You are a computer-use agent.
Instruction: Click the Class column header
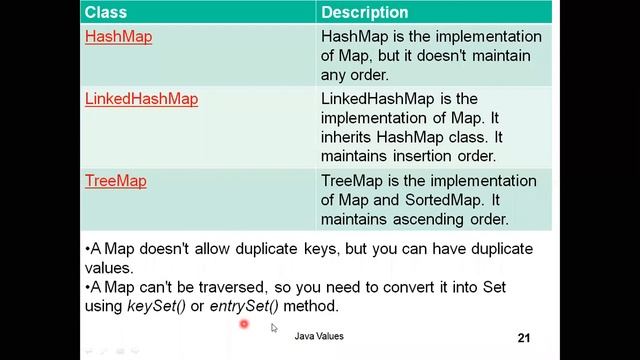point(105,13)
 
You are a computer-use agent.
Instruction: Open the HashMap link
point(118,37)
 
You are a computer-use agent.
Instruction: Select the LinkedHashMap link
point(141,99)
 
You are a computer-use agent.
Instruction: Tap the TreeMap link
point(115,181)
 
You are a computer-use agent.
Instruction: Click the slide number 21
point(524,338)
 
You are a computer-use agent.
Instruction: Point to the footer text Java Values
point(319,337)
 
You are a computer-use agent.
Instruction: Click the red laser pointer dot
point(243,324)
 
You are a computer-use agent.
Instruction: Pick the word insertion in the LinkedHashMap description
point(425,157)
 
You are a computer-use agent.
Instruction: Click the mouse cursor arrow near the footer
point(274,327)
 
